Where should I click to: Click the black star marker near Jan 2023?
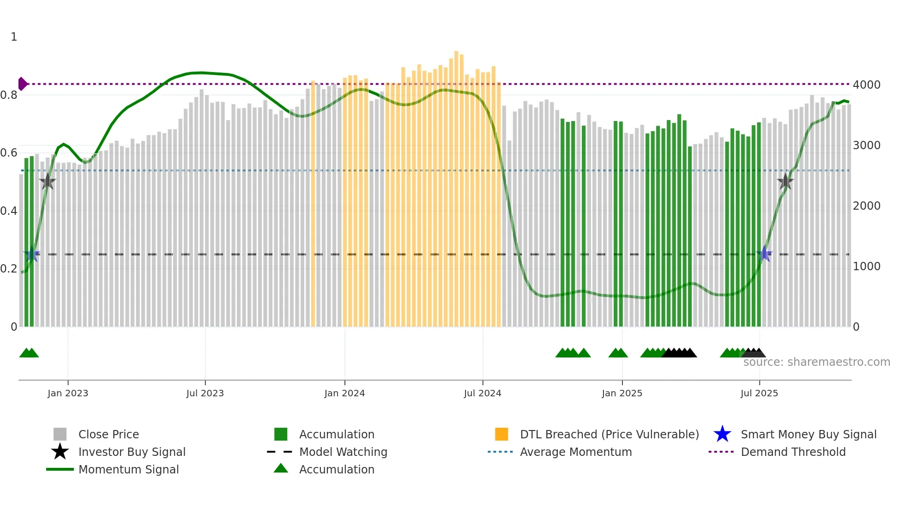tap(48, 182)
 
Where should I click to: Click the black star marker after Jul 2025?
tap(785, 182)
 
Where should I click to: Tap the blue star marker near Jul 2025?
tap(765, 254)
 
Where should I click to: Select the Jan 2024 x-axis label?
tap(344, 394)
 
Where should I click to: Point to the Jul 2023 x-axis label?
tap(205, 394)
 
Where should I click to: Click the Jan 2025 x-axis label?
tap(622, 394)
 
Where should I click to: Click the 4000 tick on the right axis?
tap(866, 85)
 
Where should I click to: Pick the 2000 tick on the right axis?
tap(866, 206)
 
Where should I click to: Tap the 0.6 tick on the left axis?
tap(9, 153)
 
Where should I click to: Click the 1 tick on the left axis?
tap(14, 37)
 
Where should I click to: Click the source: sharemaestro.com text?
tap(816, 362)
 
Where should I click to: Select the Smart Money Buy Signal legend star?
tap(722, 434)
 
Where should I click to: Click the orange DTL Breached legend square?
tap(501, 434)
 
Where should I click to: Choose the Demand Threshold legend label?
tap(793, 452)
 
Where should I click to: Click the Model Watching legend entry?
tap(343, 452)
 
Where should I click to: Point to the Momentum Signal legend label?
tap(128, 470)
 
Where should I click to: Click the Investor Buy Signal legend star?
tap(60, 452)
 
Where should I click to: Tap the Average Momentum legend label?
tap(576, 452)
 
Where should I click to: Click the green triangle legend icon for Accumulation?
tap(281, 469)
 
